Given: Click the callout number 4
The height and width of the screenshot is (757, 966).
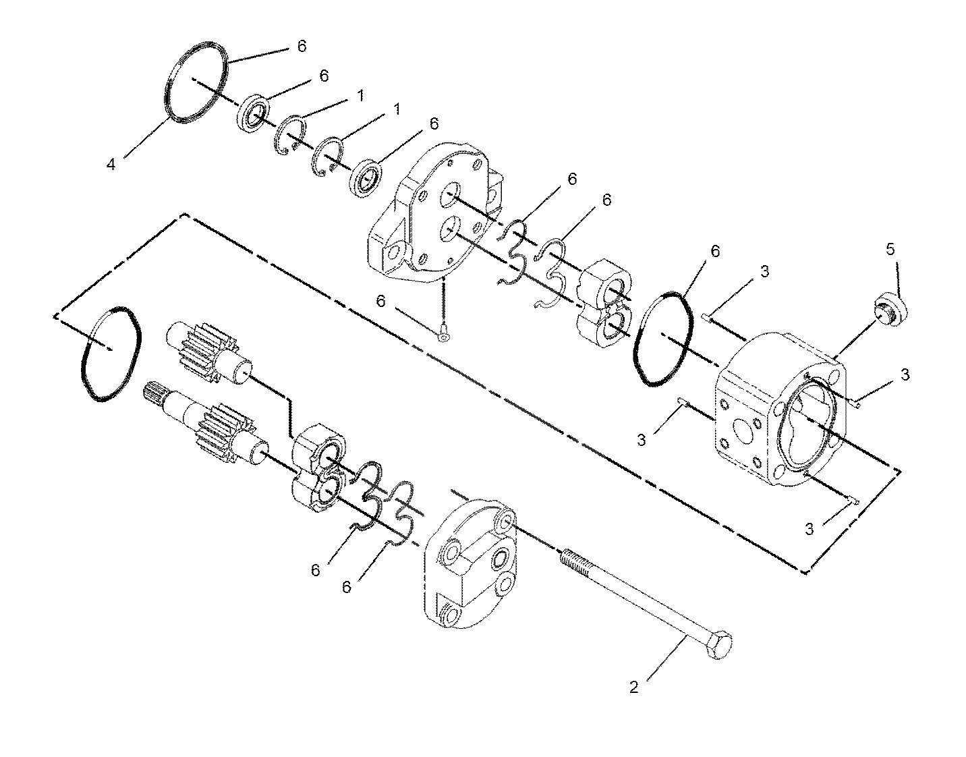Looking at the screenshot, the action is point(111,165).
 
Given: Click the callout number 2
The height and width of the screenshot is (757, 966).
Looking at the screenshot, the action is point(634,688).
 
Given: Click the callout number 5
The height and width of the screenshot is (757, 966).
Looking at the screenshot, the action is point(890,250).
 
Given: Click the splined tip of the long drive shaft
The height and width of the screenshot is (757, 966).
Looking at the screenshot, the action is point(155,391).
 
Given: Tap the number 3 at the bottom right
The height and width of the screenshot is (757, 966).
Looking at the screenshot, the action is point(809,529).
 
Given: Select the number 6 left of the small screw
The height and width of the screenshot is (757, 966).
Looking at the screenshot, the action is point(380,302).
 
